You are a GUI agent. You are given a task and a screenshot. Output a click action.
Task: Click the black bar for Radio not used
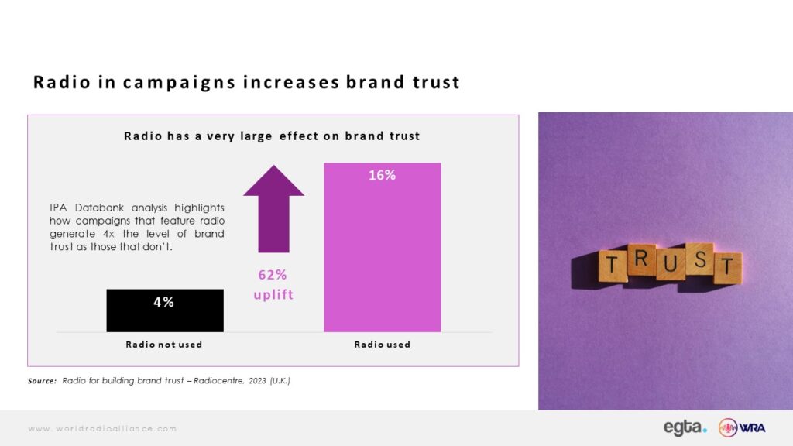165,310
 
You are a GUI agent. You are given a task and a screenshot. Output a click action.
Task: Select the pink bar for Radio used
383,247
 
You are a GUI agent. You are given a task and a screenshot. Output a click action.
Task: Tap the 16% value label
383,175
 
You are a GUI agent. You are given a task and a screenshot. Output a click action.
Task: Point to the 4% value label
164,302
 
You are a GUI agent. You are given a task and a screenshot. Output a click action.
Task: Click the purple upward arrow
273,209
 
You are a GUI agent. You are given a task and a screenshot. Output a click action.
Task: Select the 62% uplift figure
273,275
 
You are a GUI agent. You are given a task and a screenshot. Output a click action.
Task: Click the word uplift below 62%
273,294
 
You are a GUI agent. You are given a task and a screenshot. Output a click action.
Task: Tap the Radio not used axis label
164,345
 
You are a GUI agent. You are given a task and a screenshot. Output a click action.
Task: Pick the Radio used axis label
383,345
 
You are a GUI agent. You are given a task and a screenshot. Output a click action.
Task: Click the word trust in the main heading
436,82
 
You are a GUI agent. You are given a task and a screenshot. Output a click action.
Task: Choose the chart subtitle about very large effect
272,136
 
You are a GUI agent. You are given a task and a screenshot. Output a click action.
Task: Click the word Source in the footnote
42,381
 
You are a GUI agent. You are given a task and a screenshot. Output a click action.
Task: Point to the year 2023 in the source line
257,381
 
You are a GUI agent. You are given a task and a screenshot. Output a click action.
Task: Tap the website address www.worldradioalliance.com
103,429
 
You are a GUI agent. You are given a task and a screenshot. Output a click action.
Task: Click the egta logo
685,427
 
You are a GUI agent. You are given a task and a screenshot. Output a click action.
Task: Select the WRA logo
742,427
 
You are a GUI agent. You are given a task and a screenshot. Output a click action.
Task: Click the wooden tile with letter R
641,259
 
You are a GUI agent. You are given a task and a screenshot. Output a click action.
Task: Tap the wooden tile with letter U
671,264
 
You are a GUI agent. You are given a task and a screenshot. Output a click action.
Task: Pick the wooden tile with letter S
700,259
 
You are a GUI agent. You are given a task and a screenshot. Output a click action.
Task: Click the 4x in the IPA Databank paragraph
108,234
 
